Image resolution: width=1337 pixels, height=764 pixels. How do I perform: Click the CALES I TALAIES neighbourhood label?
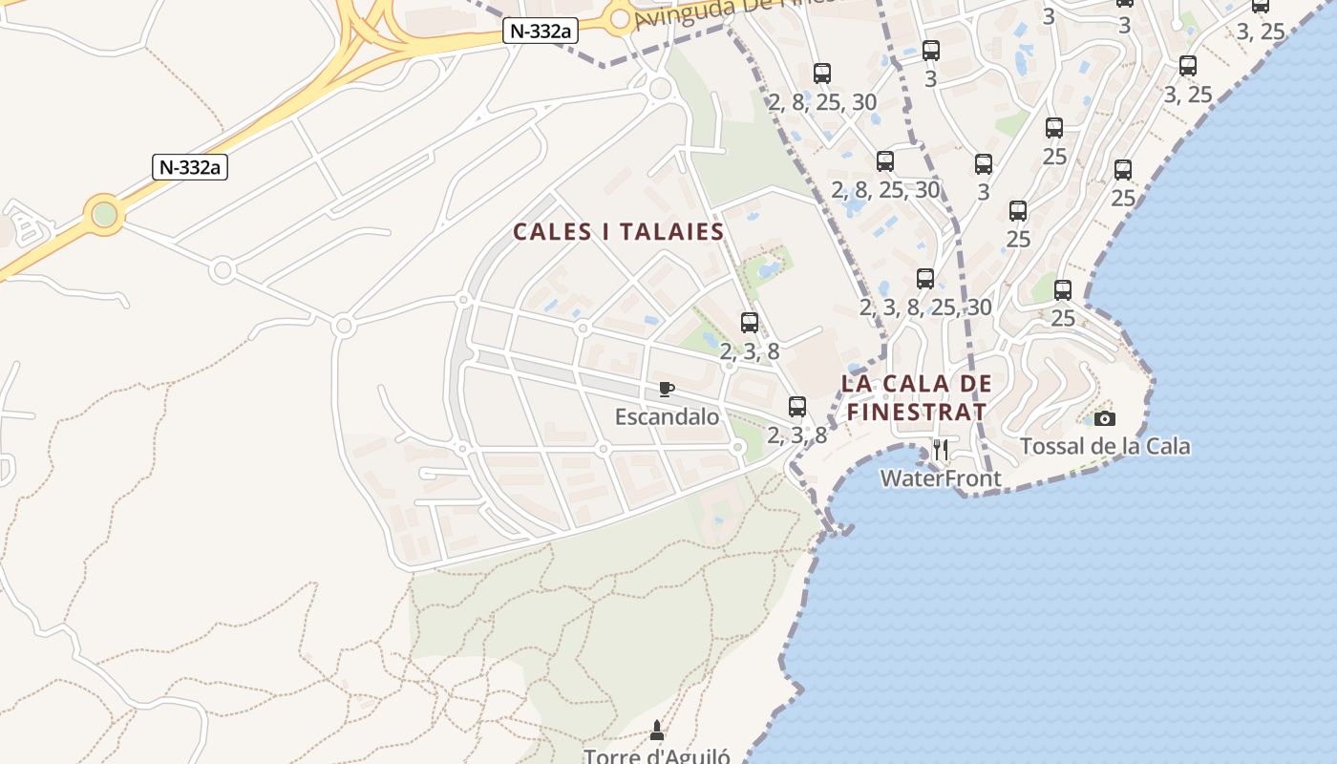pyautogui.click(x=618, y=232)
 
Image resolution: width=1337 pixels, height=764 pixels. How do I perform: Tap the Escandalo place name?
pyautogui.click(x=667, y=416)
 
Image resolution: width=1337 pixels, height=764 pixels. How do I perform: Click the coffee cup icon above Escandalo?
pyautogui.click(x=667, y=389)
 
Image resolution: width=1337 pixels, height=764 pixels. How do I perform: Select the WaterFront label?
pyautogui.click(x=941, y=478)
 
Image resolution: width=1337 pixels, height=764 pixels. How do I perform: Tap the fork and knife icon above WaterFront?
pyautogui.click(x=941, y=450)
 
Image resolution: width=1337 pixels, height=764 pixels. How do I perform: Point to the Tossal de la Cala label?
pyautogui.click(x=1105, y=446)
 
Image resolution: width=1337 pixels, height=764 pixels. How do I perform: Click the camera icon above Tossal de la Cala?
pyautogui.click(x=1105, y=418)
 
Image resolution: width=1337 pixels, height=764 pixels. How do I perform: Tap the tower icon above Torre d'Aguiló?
pyautogui.click(x=656, y=731)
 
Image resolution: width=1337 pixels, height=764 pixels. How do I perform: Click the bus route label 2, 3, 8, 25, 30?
pyautogui.click(x=925, y=308)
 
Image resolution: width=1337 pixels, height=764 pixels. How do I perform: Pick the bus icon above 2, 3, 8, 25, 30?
pyautogui.click(x=924, y=279)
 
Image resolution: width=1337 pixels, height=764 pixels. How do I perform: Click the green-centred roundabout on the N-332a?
pyautogui.click(x=104, y=214)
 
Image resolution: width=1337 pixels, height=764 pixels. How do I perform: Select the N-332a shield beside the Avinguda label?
pyautogui.click(x=541, y=31)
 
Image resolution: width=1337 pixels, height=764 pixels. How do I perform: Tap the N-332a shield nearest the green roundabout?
pyautogui.click(x=189, y=167)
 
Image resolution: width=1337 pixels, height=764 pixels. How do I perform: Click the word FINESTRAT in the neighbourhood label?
pyautogui.click(x=917, y=413)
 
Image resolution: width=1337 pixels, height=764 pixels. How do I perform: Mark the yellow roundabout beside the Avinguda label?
pyautogui.click(x=620, y=18)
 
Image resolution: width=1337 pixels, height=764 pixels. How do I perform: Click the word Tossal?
pyautogui.click(x=1050, y=446)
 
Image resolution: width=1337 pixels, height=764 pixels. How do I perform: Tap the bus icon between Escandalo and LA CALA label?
pyautogui.click(x=797, y=407)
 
